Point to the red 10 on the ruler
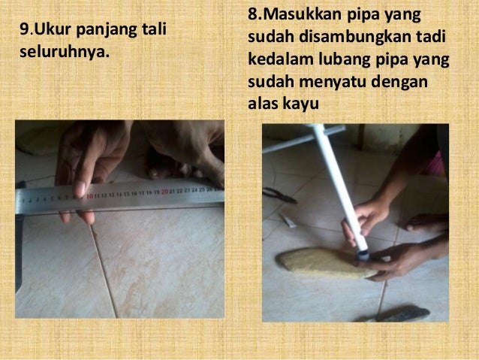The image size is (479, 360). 89,194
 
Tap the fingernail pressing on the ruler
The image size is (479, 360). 80,189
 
